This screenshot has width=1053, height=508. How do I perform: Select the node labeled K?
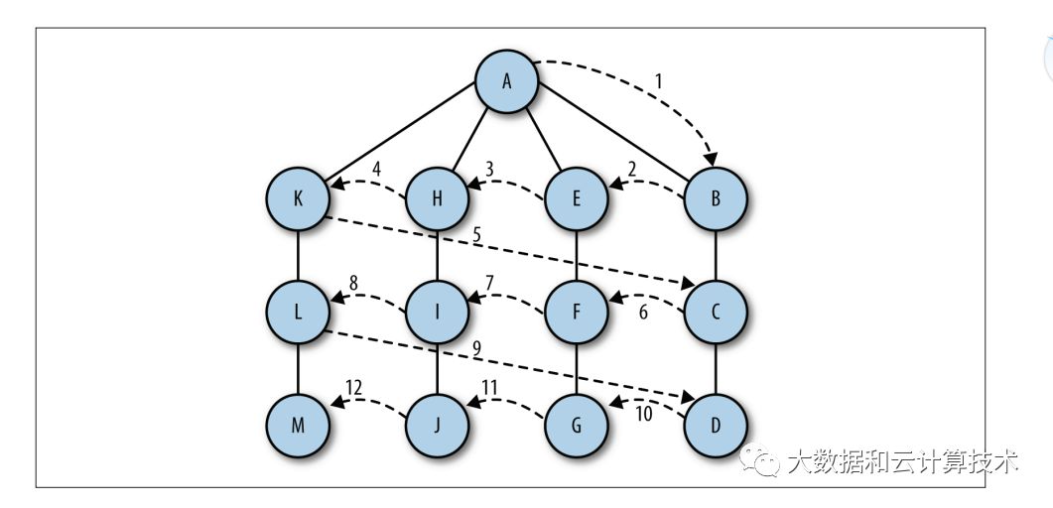[299, 197]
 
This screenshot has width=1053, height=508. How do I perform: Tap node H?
[437, 197]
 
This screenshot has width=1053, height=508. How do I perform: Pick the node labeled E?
[576, 197]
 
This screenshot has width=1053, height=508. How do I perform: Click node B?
[715, 197]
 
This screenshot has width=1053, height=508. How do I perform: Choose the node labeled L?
[299, 311]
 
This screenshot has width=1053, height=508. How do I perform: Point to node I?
[437, 311]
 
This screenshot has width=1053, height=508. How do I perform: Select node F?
[576, 311]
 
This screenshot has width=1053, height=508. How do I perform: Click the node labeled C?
[715, 311]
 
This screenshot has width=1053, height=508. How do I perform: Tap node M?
[299, 425]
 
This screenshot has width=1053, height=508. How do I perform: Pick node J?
[437, 425]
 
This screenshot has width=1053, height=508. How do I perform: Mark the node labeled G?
[576, 425]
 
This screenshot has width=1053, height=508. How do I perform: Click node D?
[715, 425]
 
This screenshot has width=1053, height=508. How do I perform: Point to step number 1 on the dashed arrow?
[658, 81]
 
